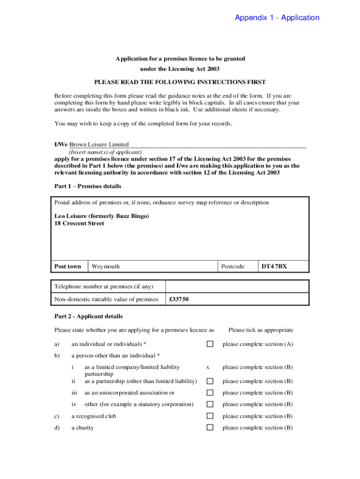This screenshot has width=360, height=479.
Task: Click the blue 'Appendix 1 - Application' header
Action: [x=277, y=18]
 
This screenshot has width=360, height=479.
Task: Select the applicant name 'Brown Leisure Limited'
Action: [x=99, y=145]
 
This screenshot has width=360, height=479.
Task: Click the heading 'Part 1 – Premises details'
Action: [x=88, y=186]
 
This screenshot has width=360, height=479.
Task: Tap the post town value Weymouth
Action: [x=106, y=266]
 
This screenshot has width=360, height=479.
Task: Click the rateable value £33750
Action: [x=179, y=299]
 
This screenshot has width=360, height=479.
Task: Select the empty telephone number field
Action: [x=237, y=286]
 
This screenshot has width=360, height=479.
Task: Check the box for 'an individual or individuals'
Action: [x=210, y=344]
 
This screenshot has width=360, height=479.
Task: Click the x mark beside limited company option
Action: [x=208, y=367]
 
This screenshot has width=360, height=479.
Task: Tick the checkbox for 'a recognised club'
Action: [x=210, y=416]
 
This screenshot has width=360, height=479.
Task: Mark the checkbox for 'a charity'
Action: [x=210, y=428]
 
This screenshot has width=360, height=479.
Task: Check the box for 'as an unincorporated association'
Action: [x=210, y=393]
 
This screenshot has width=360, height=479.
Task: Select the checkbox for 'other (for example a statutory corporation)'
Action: [x=210, y=404]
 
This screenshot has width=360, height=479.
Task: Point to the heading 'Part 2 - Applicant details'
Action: [x=89, y=316]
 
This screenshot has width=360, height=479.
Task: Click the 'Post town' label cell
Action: [x=68, y=266]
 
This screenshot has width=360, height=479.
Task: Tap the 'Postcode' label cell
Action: [x=233, y=266]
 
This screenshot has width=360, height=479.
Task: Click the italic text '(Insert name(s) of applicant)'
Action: [x=105, y=152]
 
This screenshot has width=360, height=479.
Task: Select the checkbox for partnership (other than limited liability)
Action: [x=210, y=381]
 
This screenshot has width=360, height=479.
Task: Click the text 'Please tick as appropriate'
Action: [x=261, y=330]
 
